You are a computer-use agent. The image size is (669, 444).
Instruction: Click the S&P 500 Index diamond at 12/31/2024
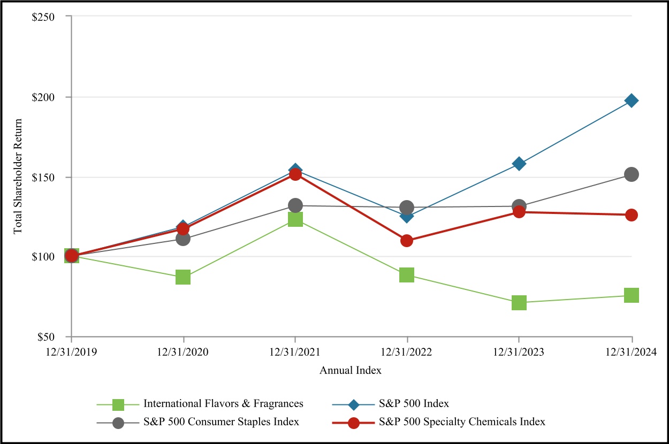coord(632,101)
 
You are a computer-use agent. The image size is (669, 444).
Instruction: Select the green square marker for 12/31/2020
coord(183,277)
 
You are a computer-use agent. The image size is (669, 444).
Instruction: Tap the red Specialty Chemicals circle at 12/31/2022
coord(407,241)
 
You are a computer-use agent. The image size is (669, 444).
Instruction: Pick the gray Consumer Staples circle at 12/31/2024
coord(632,174)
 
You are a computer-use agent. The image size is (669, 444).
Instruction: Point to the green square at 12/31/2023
coord(519,303)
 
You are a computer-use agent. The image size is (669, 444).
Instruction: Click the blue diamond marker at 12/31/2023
coord(519,163)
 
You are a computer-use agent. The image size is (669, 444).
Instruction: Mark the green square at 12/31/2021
coord(295,219)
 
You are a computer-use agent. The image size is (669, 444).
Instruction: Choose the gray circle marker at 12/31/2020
coord(183,239)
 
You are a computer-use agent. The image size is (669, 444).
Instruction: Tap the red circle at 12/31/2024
coord(632,215)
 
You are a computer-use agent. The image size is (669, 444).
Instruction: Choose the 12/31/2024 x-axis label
coord(632,352)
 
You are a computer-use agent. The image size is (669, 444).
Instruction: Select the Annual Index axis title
coord(351,370)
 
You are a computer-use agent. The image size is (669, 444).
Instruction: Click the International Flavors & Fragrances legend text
coord(224,403)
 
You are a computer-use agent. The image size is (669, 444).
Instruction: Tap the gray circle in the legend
coord(118,422)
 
